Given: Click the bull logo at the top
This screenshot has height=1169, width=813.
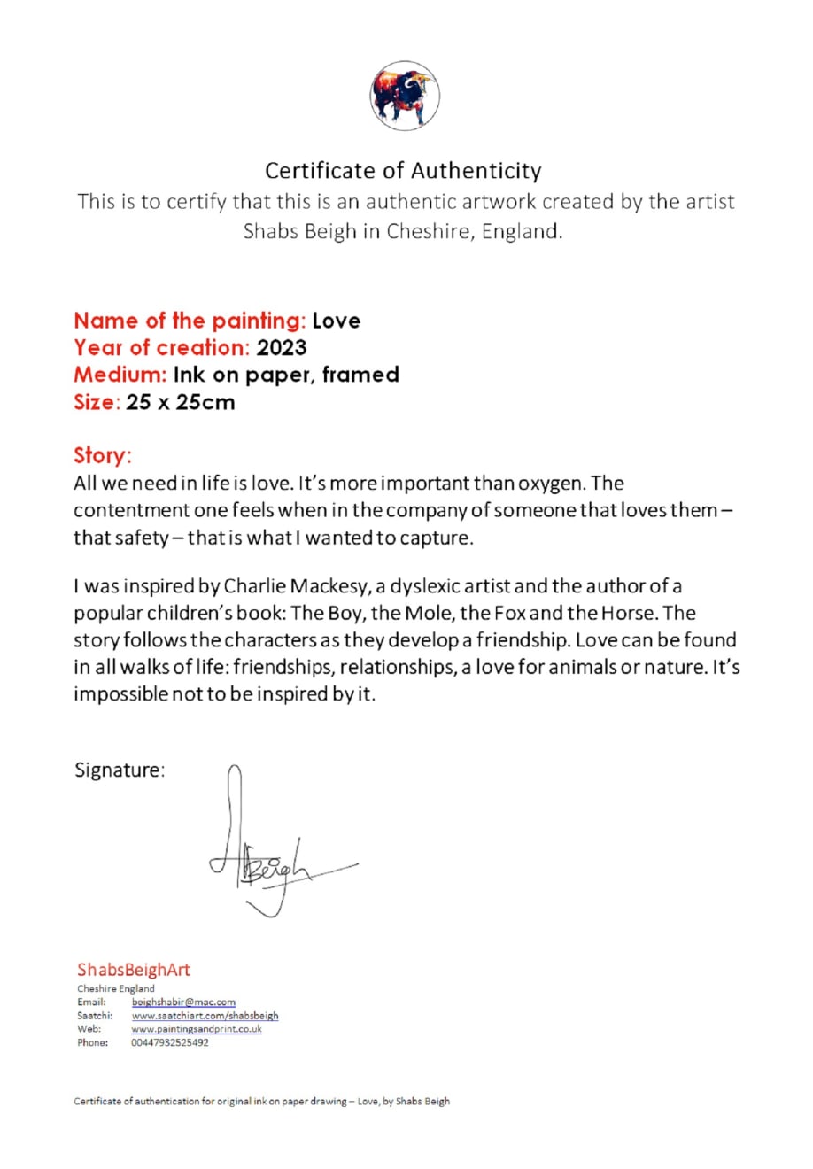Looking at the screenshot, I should coord(404,96).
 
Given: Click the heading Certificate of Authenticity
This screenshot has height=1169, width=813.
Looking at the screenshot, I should coord(403,170).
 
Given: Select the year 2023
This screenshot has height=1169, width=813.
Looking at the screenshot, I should coord(282,347).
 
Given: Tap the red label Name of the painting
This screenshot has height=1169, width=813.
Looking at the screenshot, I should coord(189,321).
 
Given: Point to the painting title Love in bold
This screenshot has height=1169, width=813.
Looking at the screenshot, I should coord(337,321).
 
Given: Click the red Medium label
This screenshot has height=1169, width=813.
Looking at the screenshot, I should coord(120,375).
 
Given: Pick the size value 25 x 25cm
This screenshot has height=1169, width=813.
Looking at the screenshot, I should coord(181,402).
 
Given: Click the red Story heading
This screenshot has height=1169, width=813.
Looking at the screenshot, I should coord(102,455).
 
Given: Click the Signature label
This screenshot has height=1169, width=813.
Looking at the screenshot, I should coord(119,770).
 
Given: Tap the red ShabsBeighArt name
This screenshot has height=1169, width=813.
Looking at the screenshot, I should coord(133,970).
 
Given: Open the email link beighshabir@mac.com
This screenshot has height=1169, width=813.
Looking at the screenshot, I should coord(183,1003).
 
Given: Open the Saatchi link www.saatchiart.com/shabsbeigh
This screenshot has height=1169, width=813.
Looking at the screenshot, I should coord(205,1016).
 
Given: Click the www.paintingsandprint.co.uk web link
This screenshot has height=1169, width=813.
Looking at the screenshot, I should coord(196,1029).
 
